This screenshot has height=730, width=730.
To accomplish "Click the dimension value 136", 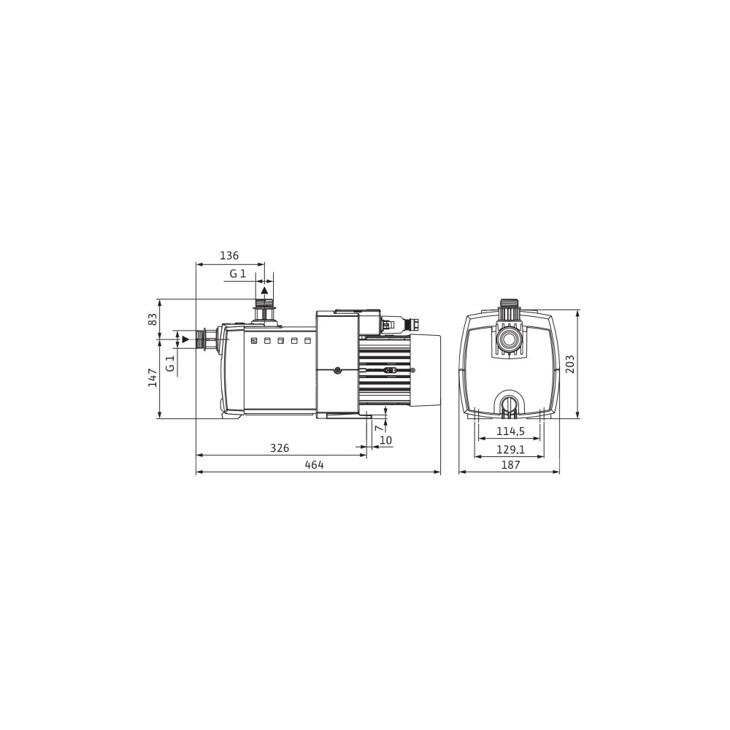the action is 229,255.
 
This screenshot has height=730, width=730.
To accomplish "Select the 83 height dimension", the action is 153,320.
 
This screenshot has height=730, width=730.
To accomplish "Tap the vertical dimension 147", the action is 153,377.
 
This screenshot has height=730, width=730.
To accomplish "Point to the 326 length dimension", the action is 280,448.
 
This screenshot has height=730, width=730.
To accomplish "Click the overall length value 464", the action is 314,464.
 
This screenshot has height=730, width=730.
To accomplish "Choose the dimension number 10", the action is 386,440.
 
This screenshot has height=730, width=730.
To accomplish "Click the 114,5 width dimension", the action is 510,431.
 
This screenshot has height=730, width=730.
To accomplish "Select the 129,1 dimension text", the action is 510,449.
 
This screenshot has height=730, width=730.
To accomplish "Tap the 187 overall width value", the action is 510,464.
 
